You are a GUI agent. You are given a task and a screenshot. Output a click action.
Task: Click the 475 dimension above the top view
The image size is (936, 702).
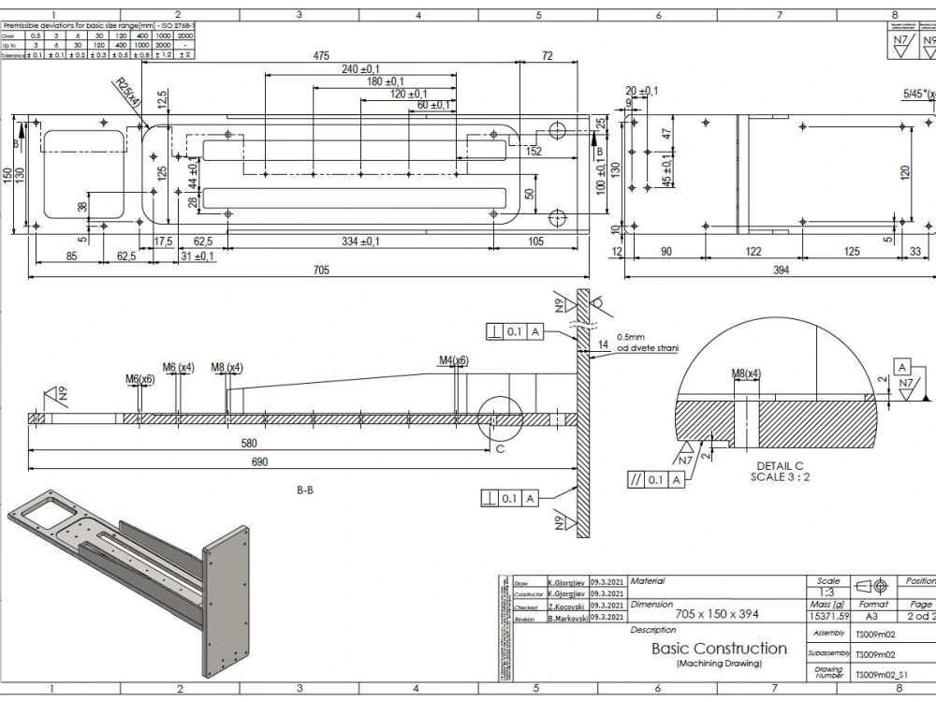point(321,56)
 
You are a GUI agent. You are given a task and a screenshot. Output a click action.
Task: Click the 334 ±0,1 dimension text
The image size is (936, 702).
point(360,242)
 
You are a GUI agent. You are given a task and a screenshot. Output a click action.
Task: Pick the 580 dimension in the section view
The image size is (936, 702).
point(248,443)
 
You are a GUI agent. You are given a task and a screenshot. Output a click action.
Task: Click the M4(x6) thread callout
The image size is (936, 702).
point(453,359)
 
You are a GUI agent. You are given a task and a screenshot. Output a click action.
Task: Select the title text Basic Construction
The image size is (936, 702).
point(719,648)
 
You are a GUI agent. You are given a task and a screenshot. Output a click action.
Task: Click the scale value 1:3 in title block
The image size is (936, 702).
point(827,592)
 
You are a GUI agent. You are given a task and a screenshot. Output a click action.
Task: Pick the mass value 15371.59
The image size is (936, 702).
point(827,617)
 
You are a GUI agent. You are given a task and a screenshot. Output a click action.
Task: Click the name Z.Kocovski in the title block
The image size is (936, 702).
point(566,607)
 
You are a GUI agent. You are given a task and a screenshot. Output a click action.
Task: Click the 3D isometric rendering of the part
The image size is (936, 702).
point(131,580)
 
